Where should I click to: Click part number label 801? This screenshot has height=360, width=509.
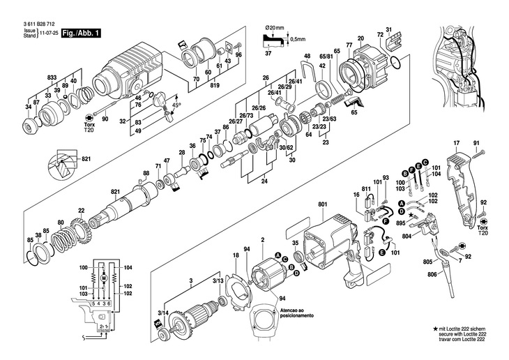(x=322, y=204)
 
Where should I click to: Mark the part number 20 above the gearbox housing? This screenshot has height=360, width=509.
(x=360, y=38)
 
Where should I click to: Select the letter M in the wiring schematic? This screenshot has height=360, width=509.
(x=102, y=277)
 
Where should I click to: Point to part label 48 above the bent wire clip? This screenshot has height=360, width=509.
(x=307, y=56)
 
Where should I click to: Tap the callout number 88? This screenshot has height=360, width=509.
(x=146, y=173)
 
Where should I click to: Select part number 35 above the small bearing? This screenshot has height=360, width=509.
(x=296, y=243)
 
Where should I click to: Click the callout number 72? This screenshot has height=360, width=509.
(x=380, y=34)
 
